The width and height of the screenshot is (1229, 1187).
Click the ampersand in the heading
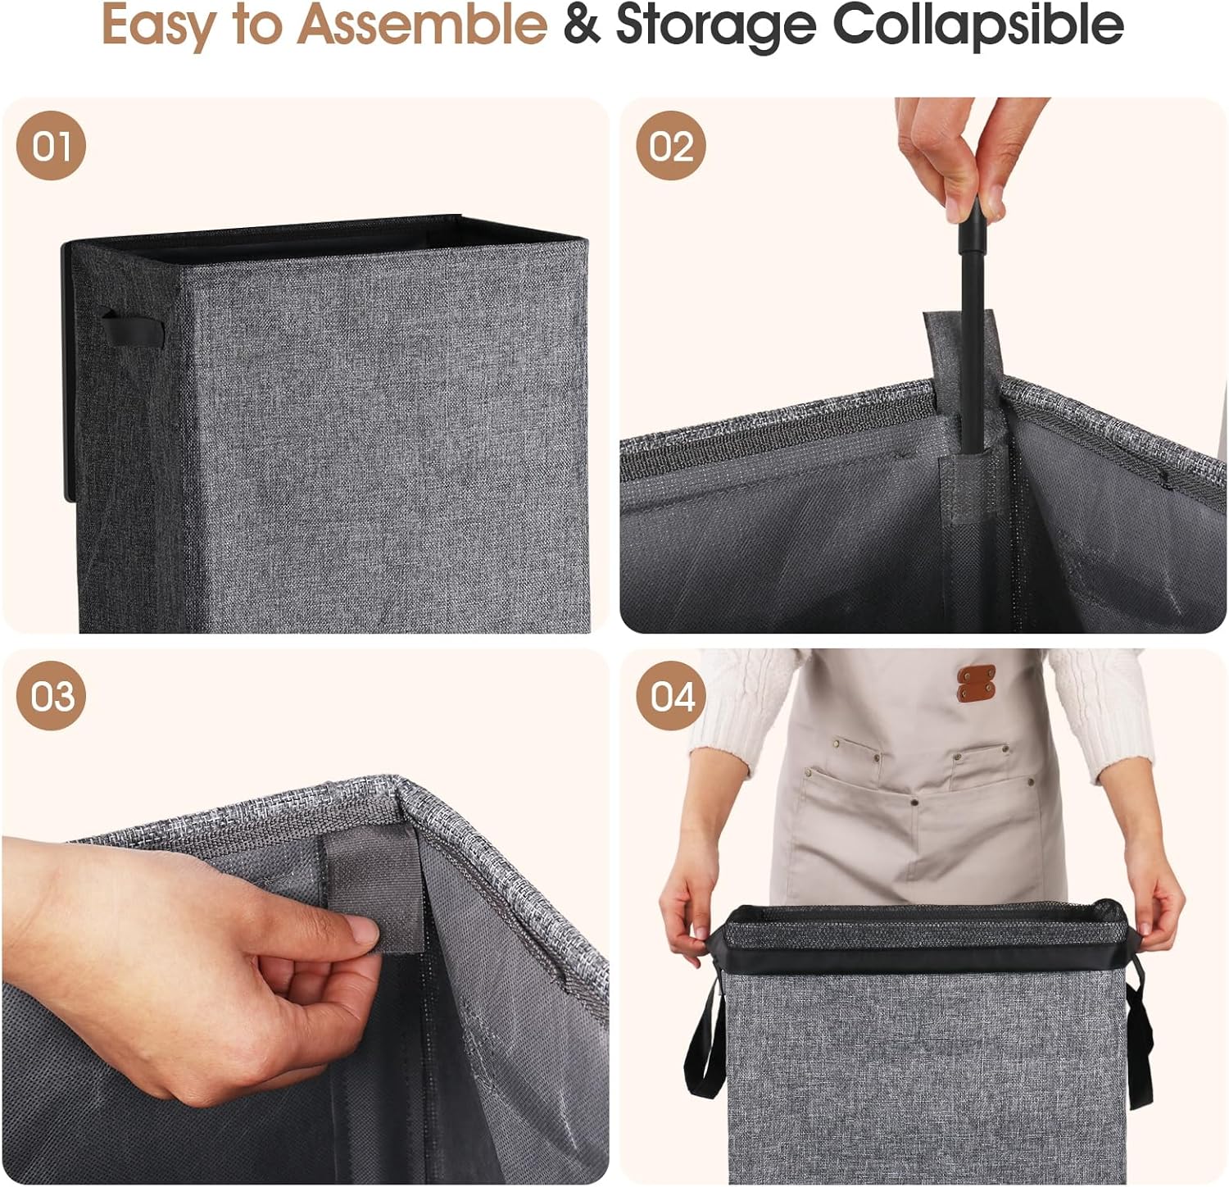tap(581, 25)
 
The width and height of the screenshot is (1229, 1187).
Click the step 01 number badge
tap(51, 146)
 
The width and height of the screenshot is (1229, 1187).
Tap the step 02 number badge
tap(671, 146)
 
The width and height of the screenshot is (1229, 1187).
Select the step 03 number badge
tap(51, 696)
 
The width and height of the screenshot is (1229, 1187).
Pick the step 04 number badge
tap(672, 696)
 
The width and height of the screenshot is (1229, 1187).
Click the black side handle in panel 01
tap(131, 328)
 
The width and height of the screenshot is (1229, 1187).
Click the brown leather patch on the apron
tap(976, 683)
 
